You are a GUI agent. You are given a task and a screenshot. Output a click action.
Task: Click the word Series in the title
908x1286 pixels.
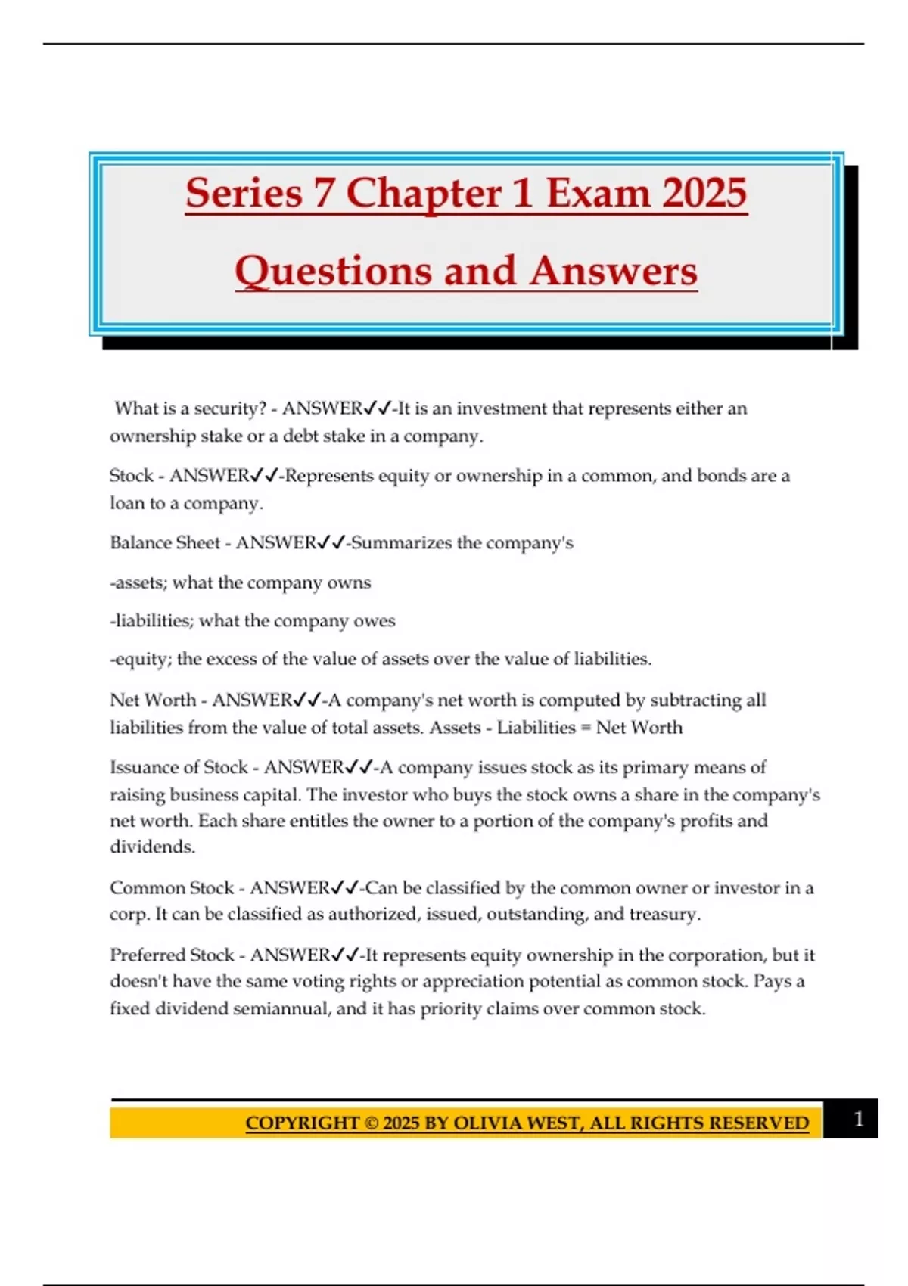pos(244,193)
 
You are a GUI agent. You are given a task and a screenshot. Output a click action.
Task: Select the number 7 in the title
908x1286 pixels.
pos(323,193)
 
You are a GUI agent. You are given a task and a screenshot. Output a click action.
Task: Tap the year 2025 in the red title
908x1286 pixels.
pos(701,193)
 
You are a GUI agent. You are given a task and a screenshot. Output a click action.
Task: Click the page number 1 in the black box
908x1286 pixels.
pos(858,1119)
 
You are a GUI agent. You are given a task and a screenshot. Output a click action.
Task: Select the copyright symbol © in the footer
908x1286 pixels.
pos(371,1123)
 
